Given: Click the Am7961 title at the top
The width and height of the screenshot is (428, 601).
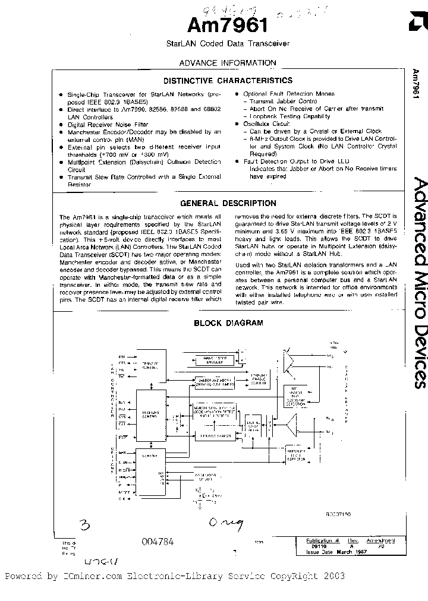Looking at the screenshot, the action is [x=228, y=26].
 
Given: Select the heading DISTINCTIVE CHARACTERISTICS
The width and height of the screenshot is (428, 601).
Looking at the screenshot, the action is [x=228, y=80].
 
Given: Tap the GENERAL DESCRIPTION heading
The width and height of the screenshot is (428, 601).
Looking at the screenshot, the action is [x=228, y=203].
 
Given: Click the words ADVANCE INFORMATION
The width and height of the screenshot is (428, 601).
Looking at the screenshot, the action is [x=228, y=63].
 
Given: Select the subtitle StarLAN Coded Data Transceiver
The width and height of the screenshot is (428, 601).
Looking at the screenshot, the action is [x=228, y=44].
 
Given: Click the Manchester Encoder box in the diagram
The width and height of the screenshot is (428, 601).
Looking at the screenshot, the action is [x=216, y=377].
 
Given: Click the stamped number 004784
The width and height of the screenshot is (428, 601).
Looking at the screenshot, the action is [x=158, y=542].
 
